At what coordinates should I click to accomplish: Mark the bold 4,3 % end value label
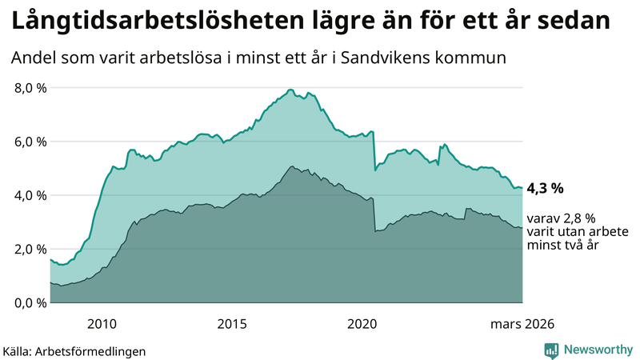click(x=546, y=189)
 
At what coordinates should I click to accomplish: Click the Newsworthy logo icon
click(x=552, y=350)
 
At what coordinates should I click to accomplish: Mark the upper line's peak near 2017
click(x=290, y=90)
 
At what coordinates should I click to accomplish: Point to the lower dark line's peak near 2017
click(x=293, y=166)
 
